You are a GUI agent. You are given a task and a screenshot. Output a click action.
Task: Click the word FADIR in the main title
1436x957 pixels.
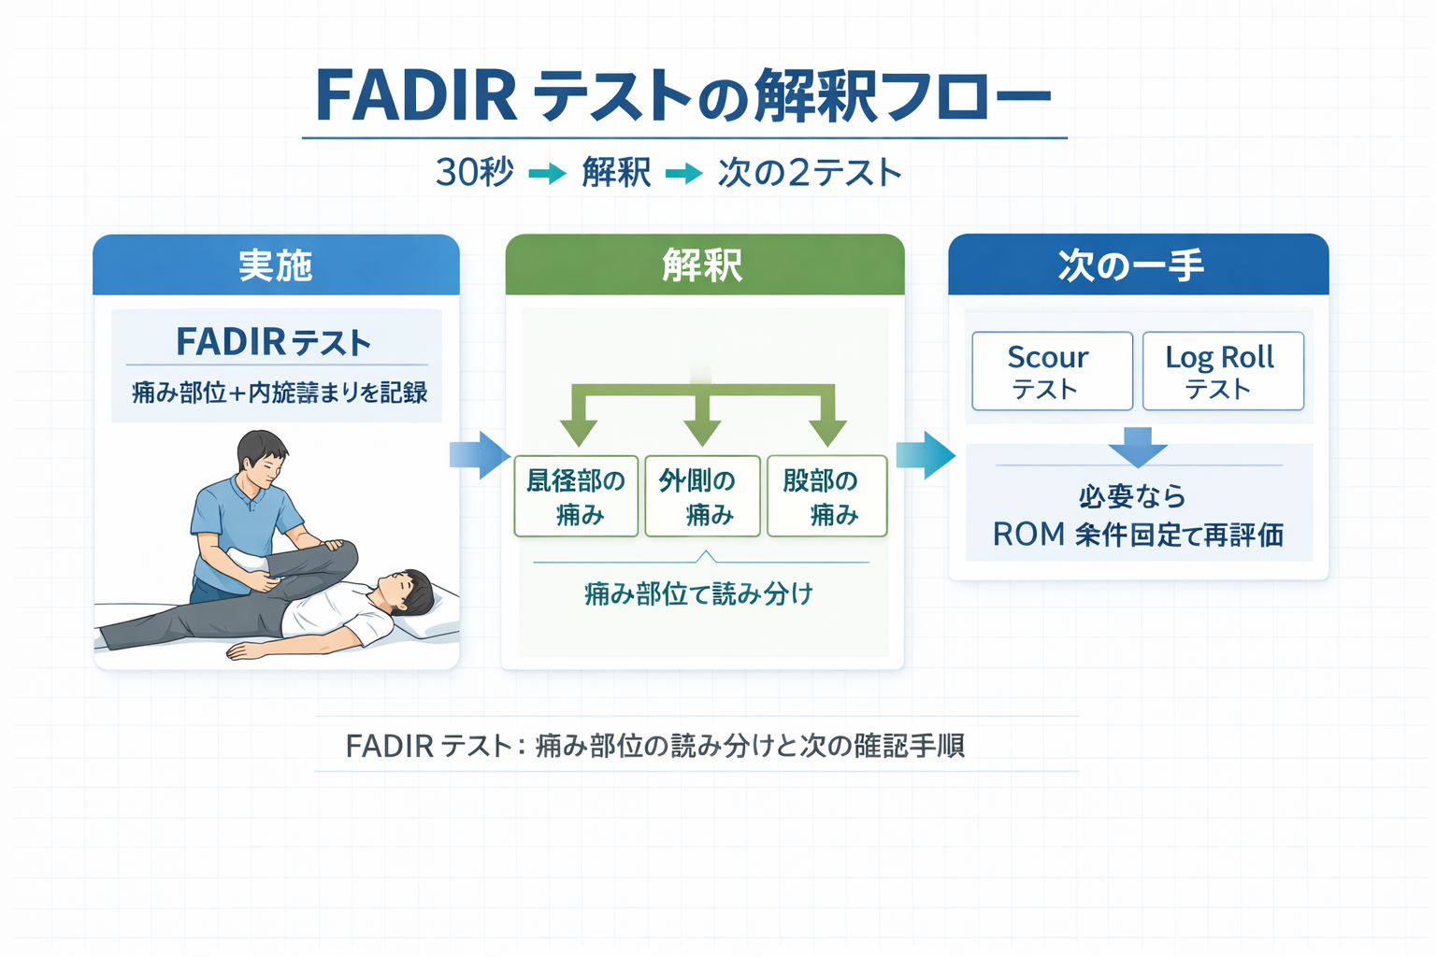click(416, 96)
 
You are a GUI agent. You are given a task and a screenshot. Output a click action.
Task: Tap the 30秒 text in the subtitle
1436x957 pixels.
click(475, 173)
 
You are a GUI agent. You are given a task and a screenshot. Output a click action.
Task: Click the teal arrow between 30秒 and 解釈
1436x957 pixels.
click(548, 174)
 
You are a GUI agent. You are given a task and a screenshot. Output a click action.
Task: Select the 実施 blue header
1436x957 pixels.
click(276, 265)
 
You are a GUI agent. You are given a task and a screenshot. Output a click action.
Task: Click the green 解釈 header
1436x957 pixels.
click(704, 265)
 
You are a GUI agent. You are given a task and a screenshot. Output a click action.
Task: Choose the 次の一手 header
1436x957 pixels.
click(1138, 265)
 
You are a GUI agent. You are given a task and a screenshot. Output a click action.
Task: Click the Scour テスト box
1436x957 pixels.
click(1052, 371)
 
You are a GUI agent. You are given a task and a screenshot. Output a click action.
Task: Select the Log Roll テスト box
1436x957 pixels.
click(1222, 371)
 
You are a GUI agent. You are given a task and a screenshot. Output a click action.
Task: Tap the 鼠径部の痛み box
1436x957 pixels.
click(576, 496)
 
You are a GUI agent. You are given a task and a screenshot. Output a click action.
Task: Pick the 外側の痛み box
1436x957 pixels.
click(702, 496)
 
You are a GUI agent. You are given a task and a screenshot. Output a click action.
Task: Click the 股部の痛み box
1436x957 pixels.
click(826, 496)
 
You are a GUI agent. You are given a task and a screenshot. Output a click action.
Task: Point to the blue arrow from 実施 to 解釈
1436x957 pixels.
click(481, 455)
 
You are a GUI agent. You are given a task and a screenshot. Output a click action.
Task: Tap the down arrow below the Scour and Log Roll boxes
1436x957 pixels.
click(1137, 446)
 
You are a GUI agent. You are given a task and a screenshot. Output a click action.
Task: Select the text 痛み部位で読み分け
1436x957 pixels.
click(699, 593)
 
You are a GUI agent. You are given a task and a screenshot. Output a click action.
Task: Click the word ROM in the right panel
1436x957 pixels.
click(1028, 535)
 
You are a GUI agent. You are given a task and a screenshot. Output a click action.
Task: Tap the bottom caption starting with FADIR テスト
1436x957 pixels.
click(654, 746)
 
